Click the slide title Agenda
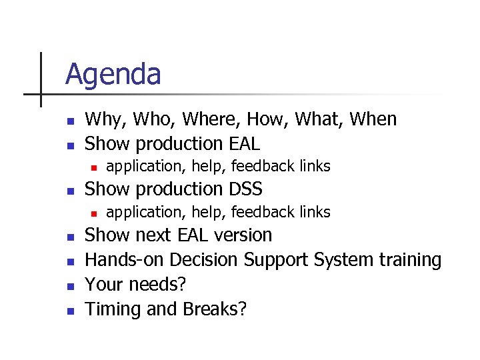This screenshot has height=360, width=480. (113, 74)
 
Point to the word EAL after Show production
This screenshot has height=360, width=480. (243, 143)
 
